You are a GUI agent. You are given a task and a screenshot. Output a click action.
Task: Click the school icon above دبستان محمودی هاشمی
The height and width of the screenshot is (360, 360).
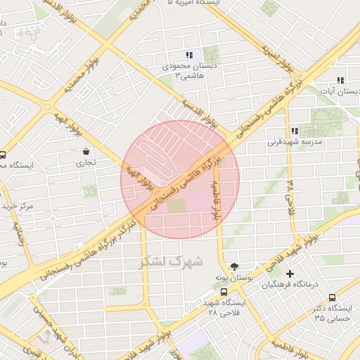coord(189,54)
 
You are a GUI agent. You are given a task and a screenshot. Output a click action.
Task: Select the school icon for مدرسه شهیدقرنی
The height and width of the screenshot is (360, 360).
coord(294,130)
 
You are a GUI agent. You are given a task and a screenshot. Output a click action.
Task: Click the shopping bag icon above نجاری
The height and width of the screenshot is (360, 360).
coord(86,150)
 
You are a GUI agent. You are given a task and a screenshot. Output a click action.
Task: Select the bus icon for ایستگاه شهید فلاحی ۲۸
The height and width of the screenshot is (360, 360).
coord(224,291)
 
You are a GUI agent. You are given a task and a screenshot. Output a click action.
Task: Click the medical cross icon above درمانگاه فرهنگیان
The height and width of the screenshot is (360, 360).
coord(290,273)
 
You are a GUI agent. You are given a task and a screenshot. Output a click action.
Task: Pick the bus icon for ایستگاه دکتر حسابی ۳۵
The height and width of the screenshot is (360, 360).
coord(332,297)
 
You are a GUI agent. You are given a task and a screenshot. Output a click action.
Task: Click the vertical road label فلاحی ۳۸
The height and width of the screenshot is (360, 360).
coord(289,198)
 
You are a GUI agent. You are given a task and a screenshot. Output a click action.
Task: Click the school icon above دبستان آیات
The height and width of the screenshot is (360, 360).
coord(340,80)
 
